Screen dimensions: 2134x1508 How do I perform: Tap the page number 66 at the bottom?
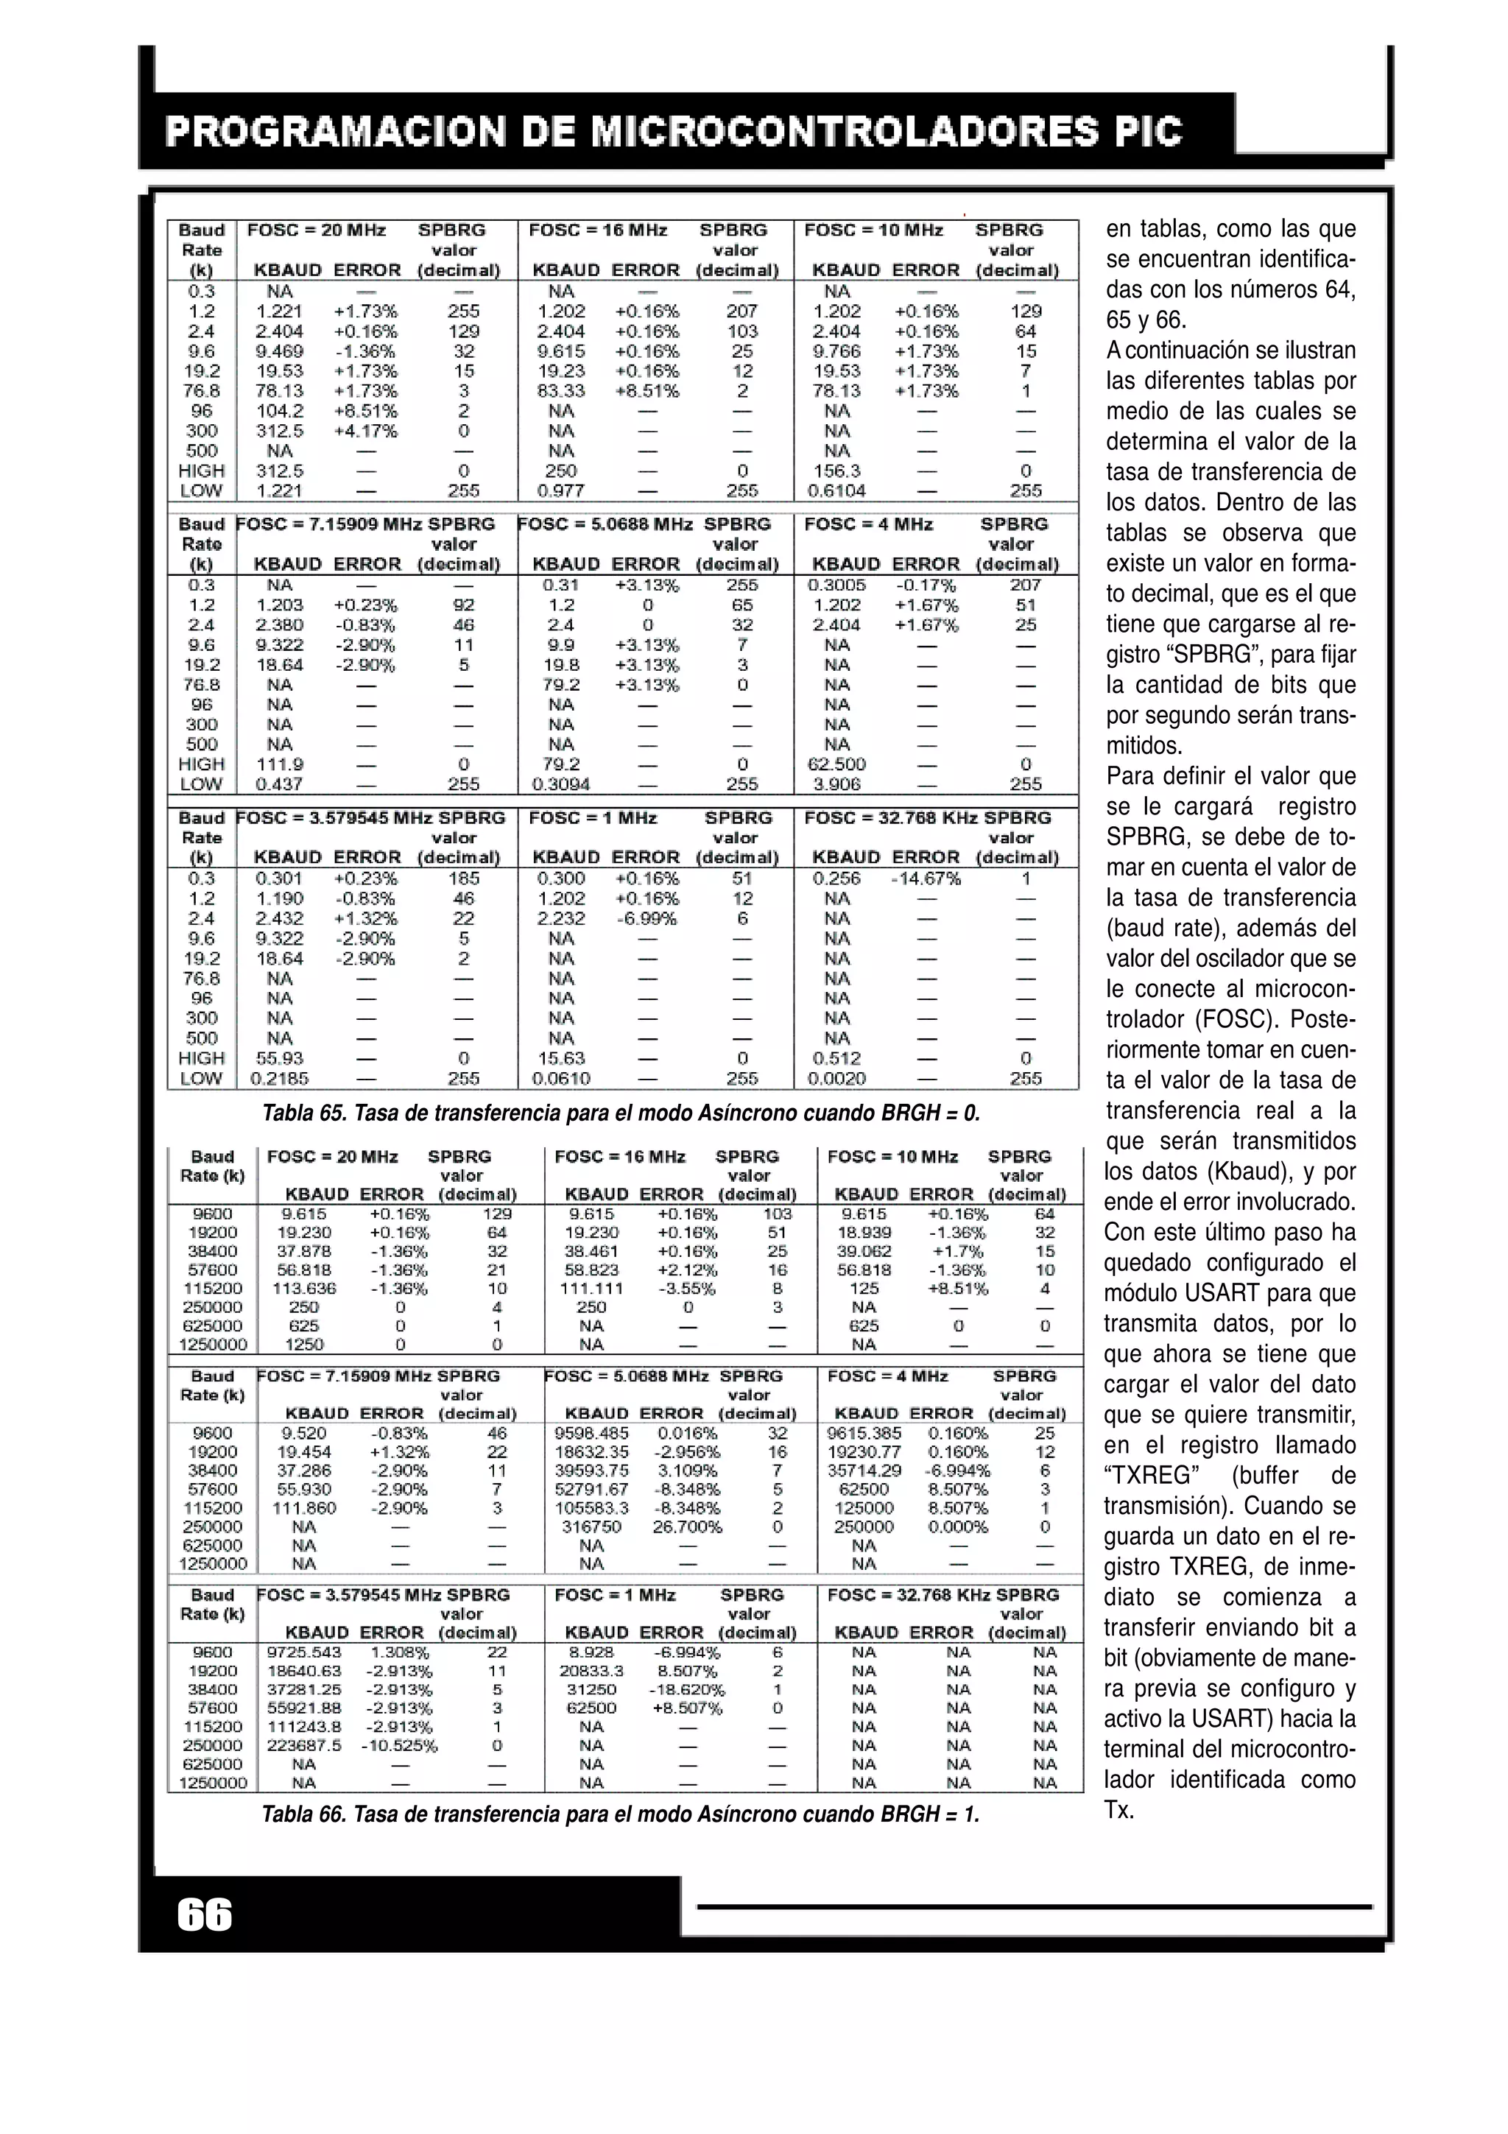tap(205, 1915)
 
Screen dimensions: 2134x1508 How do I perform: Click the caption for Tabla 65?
tap(621, 1113)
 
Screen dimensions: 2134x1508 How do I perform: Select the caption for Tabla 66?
tap(621, 1814)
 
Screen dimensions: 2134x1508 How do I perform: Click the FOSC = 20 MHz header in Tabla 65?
tap(316, 230)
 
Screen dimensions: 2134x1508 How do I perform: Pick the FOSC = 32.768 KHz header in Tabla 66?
tap(943, 1595)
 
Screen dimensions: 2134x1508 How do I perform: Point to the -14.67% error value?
tap(926, 878)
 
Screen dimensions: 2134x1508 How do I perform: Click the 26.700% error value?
tap(687, 1526)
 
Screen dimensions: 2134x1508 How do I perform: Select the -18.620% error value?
tap(687, 1688)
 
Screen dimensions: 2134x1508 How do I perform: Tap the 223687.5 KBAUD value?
tap(304, 1744)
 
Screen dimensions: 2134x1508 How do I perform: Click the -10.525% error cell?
tap(400, 1744)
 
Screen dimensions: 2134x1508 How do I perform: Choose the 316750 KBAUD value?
tap(591, 1526)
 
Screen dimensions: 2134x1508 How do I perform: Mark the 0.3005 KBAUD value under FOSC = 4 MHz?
tap(836, 585)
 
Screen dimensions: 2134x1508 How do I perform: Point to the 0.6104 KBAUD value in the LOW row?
tap(836, 490)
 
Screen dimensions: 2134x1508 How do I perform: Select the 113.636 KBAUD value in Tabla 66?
tap(304, 1288)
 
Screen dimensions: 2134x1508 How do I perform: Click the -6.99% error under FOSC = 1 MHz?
tap(646, 918)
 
